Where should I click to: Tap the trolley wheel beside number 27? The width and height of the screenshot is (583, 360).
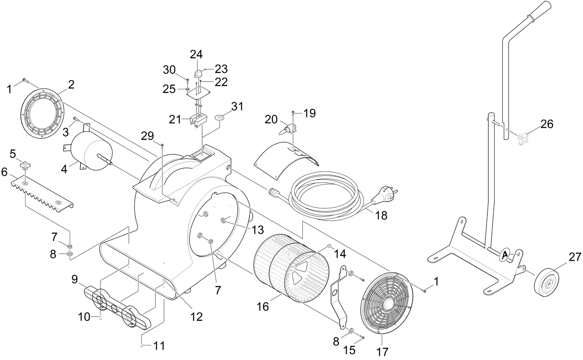(x=546, y=282)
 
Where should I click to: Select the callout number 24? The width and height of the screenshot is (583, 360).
(x=196, y=55)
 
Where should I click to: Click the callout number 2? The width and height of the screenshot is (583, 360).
(x=71, y=84)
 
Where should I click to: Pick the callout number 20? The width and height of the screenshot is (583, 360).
(x=271, y=119)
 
